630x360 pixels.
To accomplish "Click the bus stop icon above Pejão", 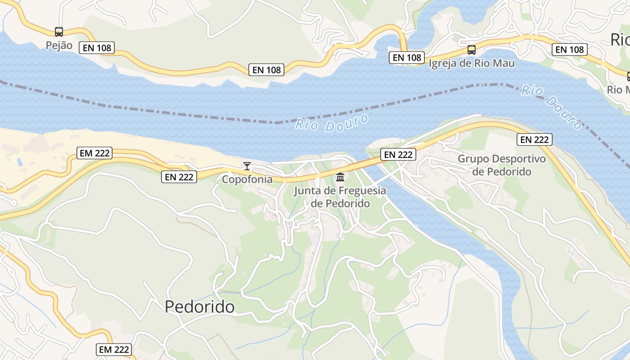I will click(x=59, y=32).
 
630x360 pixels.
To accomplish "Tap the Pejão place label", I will click(x=59, y=45).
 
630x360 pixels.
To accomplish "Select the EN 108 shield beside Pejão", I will click(x=96, y=48).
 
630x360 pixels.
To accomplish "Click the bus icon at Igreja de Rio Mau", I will click(x=471, y=50).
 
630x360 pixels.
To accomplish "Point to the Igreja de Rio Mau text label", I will click(x=471, y=63).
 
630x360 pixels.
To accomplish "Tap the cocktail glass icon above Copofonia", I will click(x=247, y=166).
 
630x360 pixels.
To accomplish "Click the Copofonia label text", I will click(x=247, y=179).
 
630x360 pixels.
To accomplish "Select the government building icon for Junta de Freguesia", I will click(x=340, y=177).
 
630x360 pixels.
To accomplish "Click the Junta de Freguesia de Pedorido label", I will click(x=340, y=197).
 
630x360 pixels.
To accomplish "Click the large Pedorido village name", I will click(x=199, y=306).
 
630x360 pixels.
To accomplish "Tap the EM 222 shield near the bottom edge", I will click(x=114, y=349).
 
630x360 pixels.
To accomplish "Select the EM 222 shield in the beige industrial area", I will click(x=94, y=153).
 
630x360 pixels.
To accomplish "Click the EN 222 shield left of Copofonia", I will click(x=179, y=177).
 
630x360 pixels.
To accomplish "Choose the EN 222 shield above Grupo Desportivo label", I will click(x=534, y=140).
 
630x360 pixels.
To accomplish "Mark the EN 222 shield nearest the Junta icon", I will click(x=398, y=155).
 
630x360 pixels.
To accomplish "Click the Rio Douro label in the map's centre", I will click(x=332, y=123).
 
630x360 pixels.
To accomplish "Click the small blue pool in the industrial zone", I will click(x=19, y=162).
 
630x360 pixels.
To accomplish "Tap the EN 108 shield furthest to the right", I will click(x=570, y=49).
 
